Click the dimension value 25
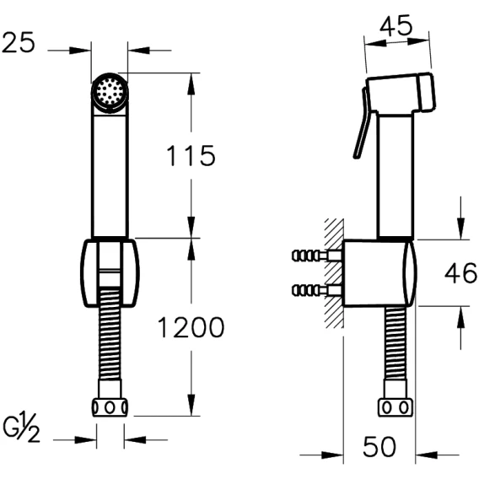pos(19,42)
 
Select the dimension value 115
pos(191,155)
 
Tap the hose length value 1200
pos(191,327)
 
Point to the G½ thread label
pos(21,428)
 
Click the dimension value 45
pos(396,25)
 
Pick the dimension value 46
pos(460,273)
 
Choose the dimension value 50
pos(379,447)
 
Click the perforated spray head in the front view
pos(110,91)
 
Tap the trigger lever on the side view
pos(363,123)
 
